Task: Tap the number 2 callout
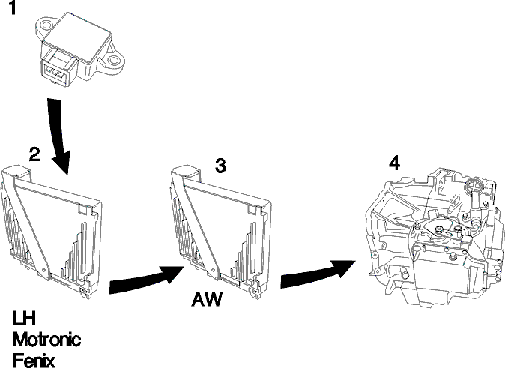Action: pyautogui.click(x=34, y=154)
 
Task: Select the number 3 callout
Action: pyautogui.click(x=220, y=166)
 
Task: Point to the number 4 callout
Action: pyautogui.click(x=394, y=163)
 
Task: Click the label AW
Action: pyautogui.click(x=207, y=299)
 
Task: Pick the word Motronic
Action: pyautogui.click(x=47, y=340)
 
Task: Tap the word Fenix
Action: pyautogui.click(x=34, y=361)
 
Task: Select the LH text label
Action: pyautogui.click(x=24, y=318)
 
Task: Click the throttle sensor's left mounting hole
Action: pyautogui.click(x=46, y=25)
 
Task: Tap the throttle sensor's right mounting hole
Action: pyautogui.click(x=113, y=61)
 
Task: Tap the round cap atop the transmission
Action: pyautogui.click(x=473, y=187)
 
